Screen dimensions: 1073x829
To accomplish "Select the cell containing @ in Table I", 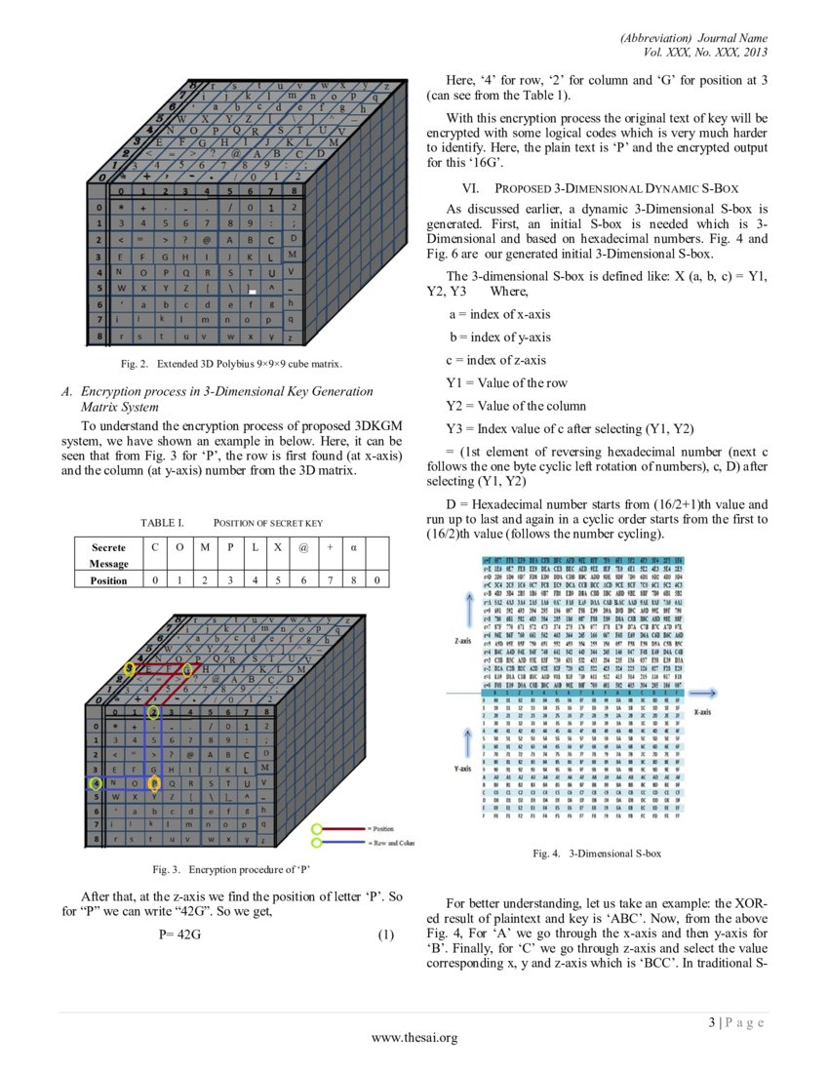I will (x=303, y=548).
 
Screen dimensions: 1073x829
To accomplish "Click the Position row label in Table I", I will (x=108, y=580).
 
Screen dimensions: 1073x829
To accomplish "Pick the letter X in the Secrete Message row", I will (x=278, y=548).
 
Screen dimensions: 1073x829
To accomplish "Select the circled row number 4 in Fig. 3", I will (x=95, y=782).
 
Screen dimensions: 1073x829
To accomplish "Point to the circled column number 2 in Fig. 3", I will (x=152, y=713).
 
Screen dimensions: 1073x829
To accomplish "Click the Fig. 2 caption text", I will (x=231, y=364).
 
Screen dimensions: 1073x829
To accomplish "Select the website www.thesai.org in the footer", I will (x=414, y=1038).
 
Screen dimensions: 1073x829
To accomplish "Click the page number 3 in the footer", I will (x=712, y=1022).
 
